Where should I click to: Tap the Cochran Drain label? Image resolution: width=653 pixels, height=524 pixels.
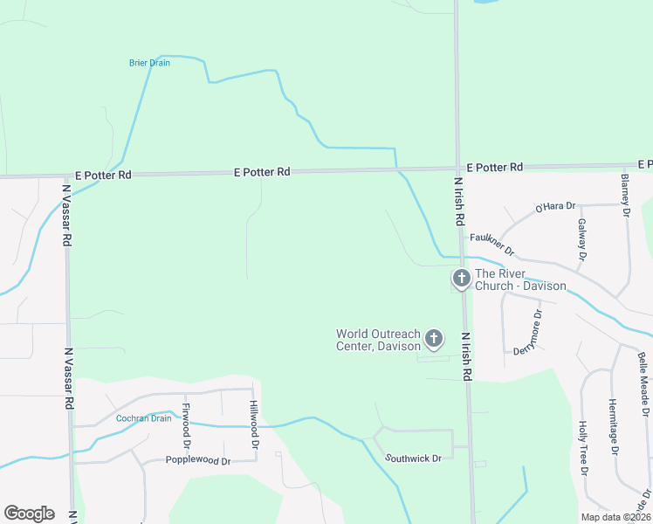pyautogui.click(x=143, y=418)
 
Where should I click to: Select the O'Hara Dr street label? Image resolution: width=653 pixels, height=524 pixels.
pyautogui.click(x=556, y=207)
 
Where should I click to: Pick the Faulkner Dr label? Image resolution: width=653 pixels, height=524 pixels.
pyautogui.click(x=492, y=244)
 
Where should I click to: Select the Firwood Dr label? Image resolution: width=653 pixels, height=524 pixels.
pyautogui.click(x=185, y=418)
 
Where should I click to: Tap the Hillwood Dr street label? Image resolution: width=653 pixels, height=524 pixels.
pyautogui.click(x=252, y=424)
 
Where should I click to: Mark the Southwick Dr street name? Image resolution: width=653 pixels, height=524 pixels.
pyautogui.click(x=414, y=458)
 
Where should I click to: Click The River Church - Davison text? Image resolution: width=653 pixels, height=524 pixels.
pyautogui.click(x=520, y=279)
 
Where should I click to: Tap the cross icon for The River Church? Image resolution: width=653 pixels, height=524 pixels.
pyautogui.click(x=461, y=279)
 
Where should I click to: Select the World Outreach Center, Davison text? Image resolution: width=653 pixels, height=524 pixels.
pyautogui.click(x=378, y=340)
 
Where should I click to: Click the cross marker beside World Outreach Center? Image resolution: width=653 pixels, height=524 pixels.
pyautogui.click(x=434, y=339)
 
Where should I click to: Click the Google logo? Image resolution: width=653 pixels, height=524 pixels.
pyautogui.click(x=29, y=514)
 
